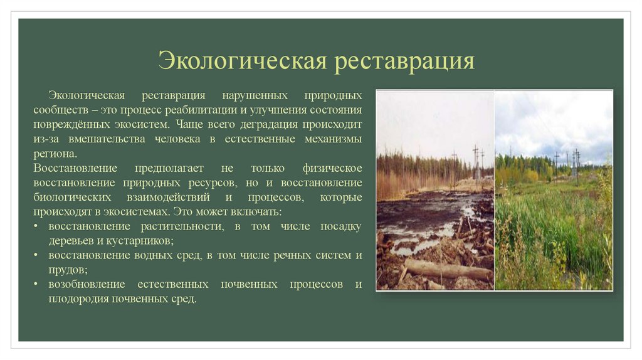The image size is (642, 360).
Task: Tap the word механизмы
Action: [333, 139]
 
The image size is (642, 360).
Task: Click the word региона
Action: [56, 153]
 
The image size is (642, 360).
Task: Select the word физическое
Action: [332, 168]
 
